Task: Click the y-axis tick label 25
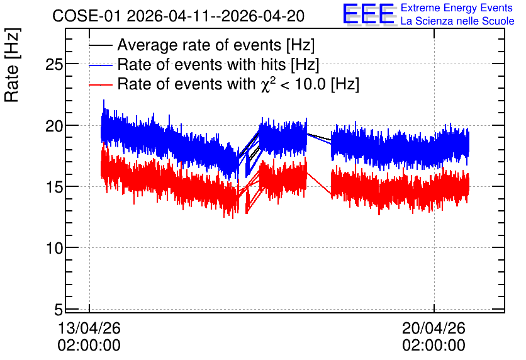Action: pyautogui.click(x=54, y=64)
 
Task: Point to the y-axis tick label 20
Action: pyautogui.click(x=54, y=126)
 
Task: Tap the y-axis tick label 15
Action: pyautogui.click(x=54, y=187)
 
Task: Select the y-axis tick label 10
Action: pyautogui.click(x=54, y=249)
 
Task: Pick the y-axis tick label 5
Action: pyautogui.click(x=59, y=310)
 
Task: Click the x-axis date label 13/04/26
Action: pyautogui.click(x=89, y=328)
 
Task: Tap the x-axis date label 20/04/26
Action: pyautogui.click(x=434, y=328)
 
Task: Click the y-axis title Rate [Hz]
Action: pyautogui.click(x=12, y=65)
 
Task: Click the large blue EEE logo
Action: pyautogui.click(x=369, y=14)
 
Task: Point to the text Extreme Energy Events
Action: pyautogui.click(x=457, y=8)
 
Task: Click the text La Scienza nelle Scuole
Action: pyautogui.click(x=457, y=21)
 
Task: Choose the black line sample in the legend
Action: pyautogui.click(x=100, y=45)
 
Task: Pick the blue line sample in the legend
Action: pyautogui.click(x=100, y=65)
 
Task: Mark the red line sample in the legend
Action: pyautogui.click(x=100, y=85)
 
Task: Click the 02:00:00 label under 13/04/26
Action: pyautogui.click(x=89, y=346)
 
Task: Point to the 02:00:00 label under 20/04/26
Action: pyautogui.click(x=434, y=346)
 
